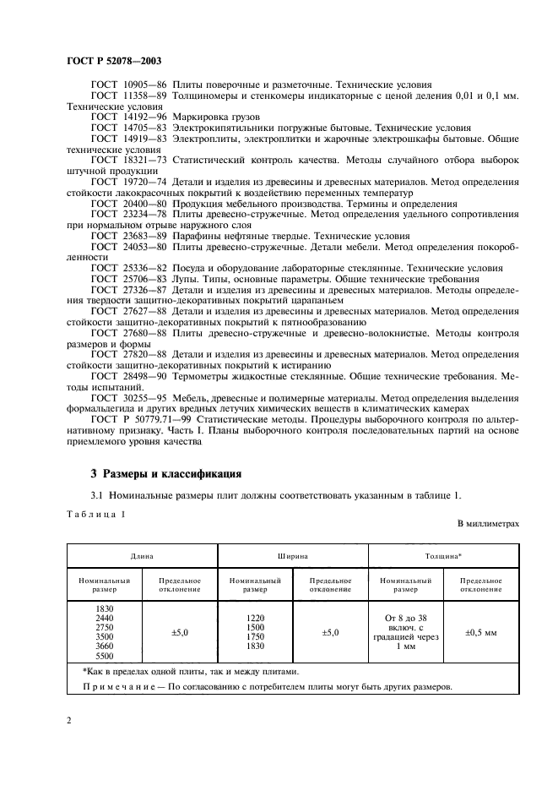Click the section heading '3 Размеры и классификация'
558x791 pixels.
[166, 474]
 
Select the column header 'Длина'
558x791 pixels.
[141, 557]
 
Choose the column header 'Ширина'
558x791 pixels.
[292, 557]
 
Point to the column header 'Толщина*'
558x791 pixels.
[443, 557]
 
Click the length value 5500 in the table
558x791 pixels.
[104, 656]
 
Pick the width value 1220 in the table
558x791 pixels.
[255, 619]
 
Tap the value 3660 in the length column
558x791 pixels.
[104, 646]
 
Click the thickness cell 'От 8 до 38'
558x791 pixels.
[406, 617]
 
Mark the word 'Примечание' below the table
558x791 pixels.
[120, 686]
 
